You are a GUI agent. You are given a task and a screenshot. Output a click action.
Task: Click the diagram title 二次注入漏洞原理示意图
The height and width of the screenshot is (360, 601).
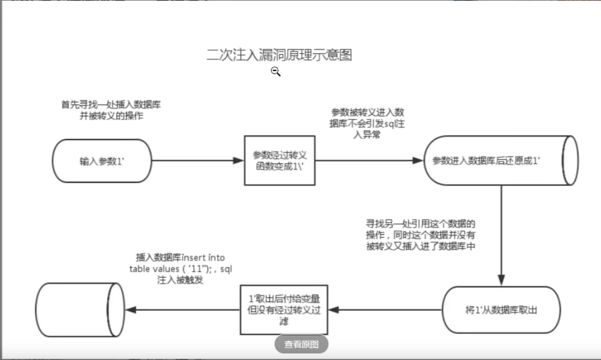pyautogui.click(x=279, y=55)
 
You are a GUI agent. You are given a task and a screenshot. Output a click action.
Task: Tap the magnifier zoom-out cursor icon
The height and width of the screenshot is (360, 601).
pyautogui.click(x=276, y=72)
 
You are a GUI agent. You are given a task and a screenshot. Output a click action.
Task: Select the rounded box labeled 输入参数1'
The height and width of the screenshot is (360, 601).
pyautogui.click(x=102, y=161)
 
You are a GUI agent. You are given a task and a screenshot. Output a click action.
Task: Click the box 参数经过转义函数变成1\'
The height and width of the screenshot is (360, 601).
pyautogui.click(x=279, y=161)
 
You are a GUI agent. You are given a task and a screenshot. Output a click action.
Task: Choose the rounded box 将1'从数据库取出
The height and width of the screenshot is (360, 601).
pyautogui.click(x=501, y=310)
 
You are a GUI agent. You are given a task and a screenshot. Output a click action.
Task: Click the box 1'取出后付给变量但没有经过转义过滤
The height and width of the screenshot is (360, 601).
pyautogui.click(x=284, y=310)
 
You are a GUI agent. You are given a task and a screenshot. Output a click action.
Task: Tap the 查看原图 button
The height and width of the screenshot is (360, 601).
pyautogui.click(x=301, y=344)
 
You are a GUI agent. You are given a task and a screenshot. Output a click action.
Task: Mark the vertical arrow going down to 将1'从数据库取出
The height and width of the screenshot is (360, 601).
pyautogui.click(x=501, y=235)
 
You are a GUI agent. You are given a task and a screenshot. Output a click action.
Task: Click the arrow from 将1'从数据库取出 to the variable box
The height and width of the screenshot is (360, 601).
pyautogui.click(x=385, y=310)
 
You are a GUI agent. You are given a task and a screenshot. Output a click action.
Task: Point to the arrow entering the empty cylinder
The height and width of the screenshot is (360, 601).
pyautogui.click(x=183, y=310)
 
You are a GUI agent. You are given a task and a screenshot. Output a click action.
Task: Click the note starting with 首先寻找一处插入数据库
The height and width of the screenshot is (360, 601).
pyautogui.click(x=112, y=110)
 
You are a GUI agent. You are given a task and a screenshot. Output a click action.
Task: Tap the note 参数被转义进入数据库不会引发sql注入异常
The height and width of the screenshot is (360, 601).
pyautogui.click(x=368, y=124)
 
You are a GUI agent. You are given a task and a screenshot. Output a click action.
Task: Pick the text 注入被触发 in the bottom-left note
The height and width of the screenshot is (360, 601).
pyautogui.click(x=180, y=280)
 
